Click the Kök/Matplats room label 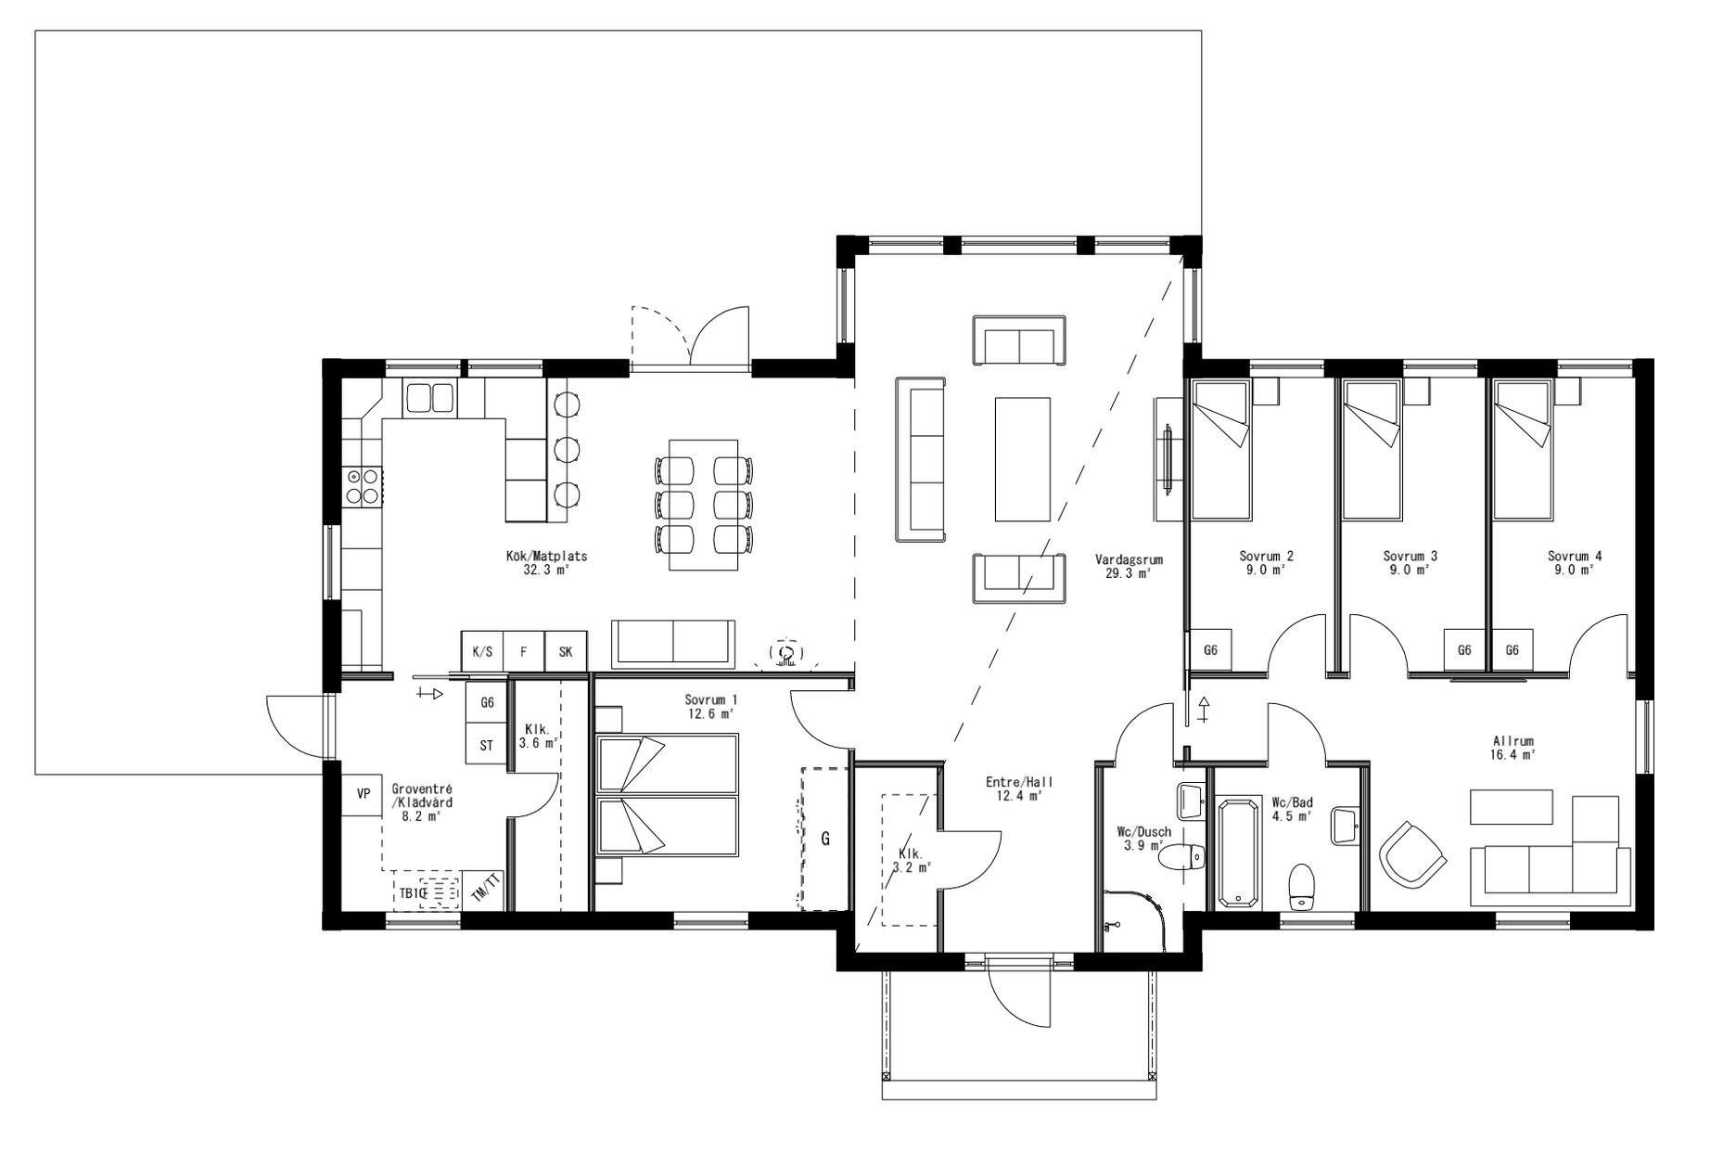[546, 563]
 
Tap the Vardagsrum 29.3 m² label [1128, 567]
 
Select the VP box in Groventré [363, 794]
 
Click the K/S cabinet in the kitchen [482, 651]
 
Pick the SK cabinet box [566, 651]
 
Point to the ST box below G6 [487, 745]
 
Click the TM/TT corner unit [484, 889]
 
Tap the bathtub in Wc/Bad [1239, 853]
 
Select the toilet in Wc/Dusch [1182, 857]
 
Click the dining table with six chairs [703, 506]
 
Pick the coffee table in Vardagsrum [1023, 459]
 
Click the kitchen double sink [428, 398]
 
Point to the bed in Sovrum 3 [1371, 449]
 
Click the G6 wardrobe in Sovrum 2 [1210, 650]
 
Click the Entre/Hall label [1019, 789]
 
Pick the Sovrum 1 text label [710, 706]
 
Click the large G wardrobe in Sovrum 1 [824, 839]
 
